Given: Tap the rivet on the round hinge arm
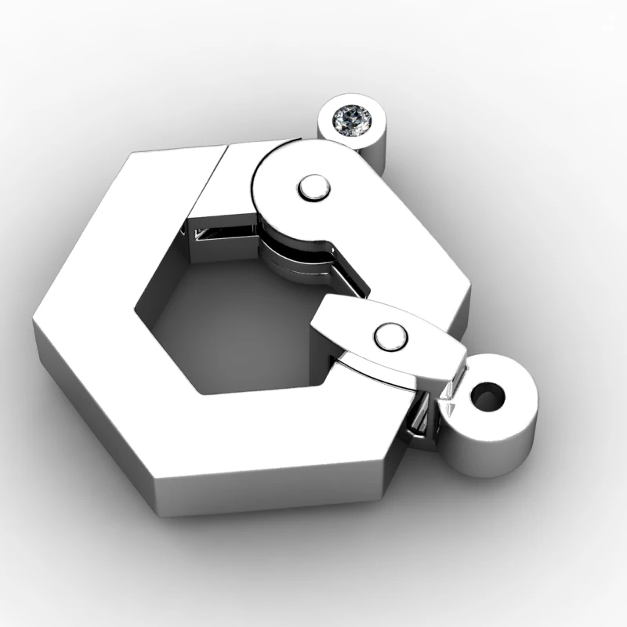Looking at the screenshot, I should [x=313, y=187].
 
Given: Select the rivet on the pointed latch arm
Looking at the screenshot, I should [x=390, y=337].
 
